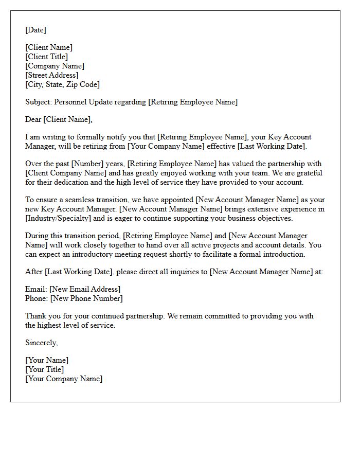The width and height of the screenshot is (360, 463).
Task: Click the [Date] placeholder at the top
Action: click(35, 30)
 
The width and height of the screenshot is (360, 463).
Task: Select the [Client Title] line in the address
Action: click(46, 57)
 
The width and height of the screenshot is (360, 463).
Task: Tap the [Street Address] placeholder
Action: click(51, 75)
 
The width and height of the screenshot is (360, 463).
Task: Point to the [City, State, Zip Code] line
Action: click(62, 84)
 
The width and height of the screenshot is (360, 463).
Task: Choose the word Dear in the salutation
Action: click(33, 119)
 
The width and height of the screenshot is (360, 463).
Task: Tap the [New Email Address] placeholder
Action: click(85, 289)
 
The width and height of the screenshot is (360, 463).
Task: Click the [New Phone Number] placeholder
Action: click(86, 298)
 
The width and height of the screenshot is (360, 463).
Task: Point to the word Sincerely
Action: click(41, 343)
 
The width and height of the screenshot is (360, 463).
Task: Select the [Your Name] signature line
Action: click(47, 360)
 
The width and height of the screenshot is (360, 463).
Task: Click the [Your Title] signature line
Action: click(45, 369)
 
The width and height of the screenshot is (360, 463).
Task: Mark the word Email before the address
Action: click(35, 289)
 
